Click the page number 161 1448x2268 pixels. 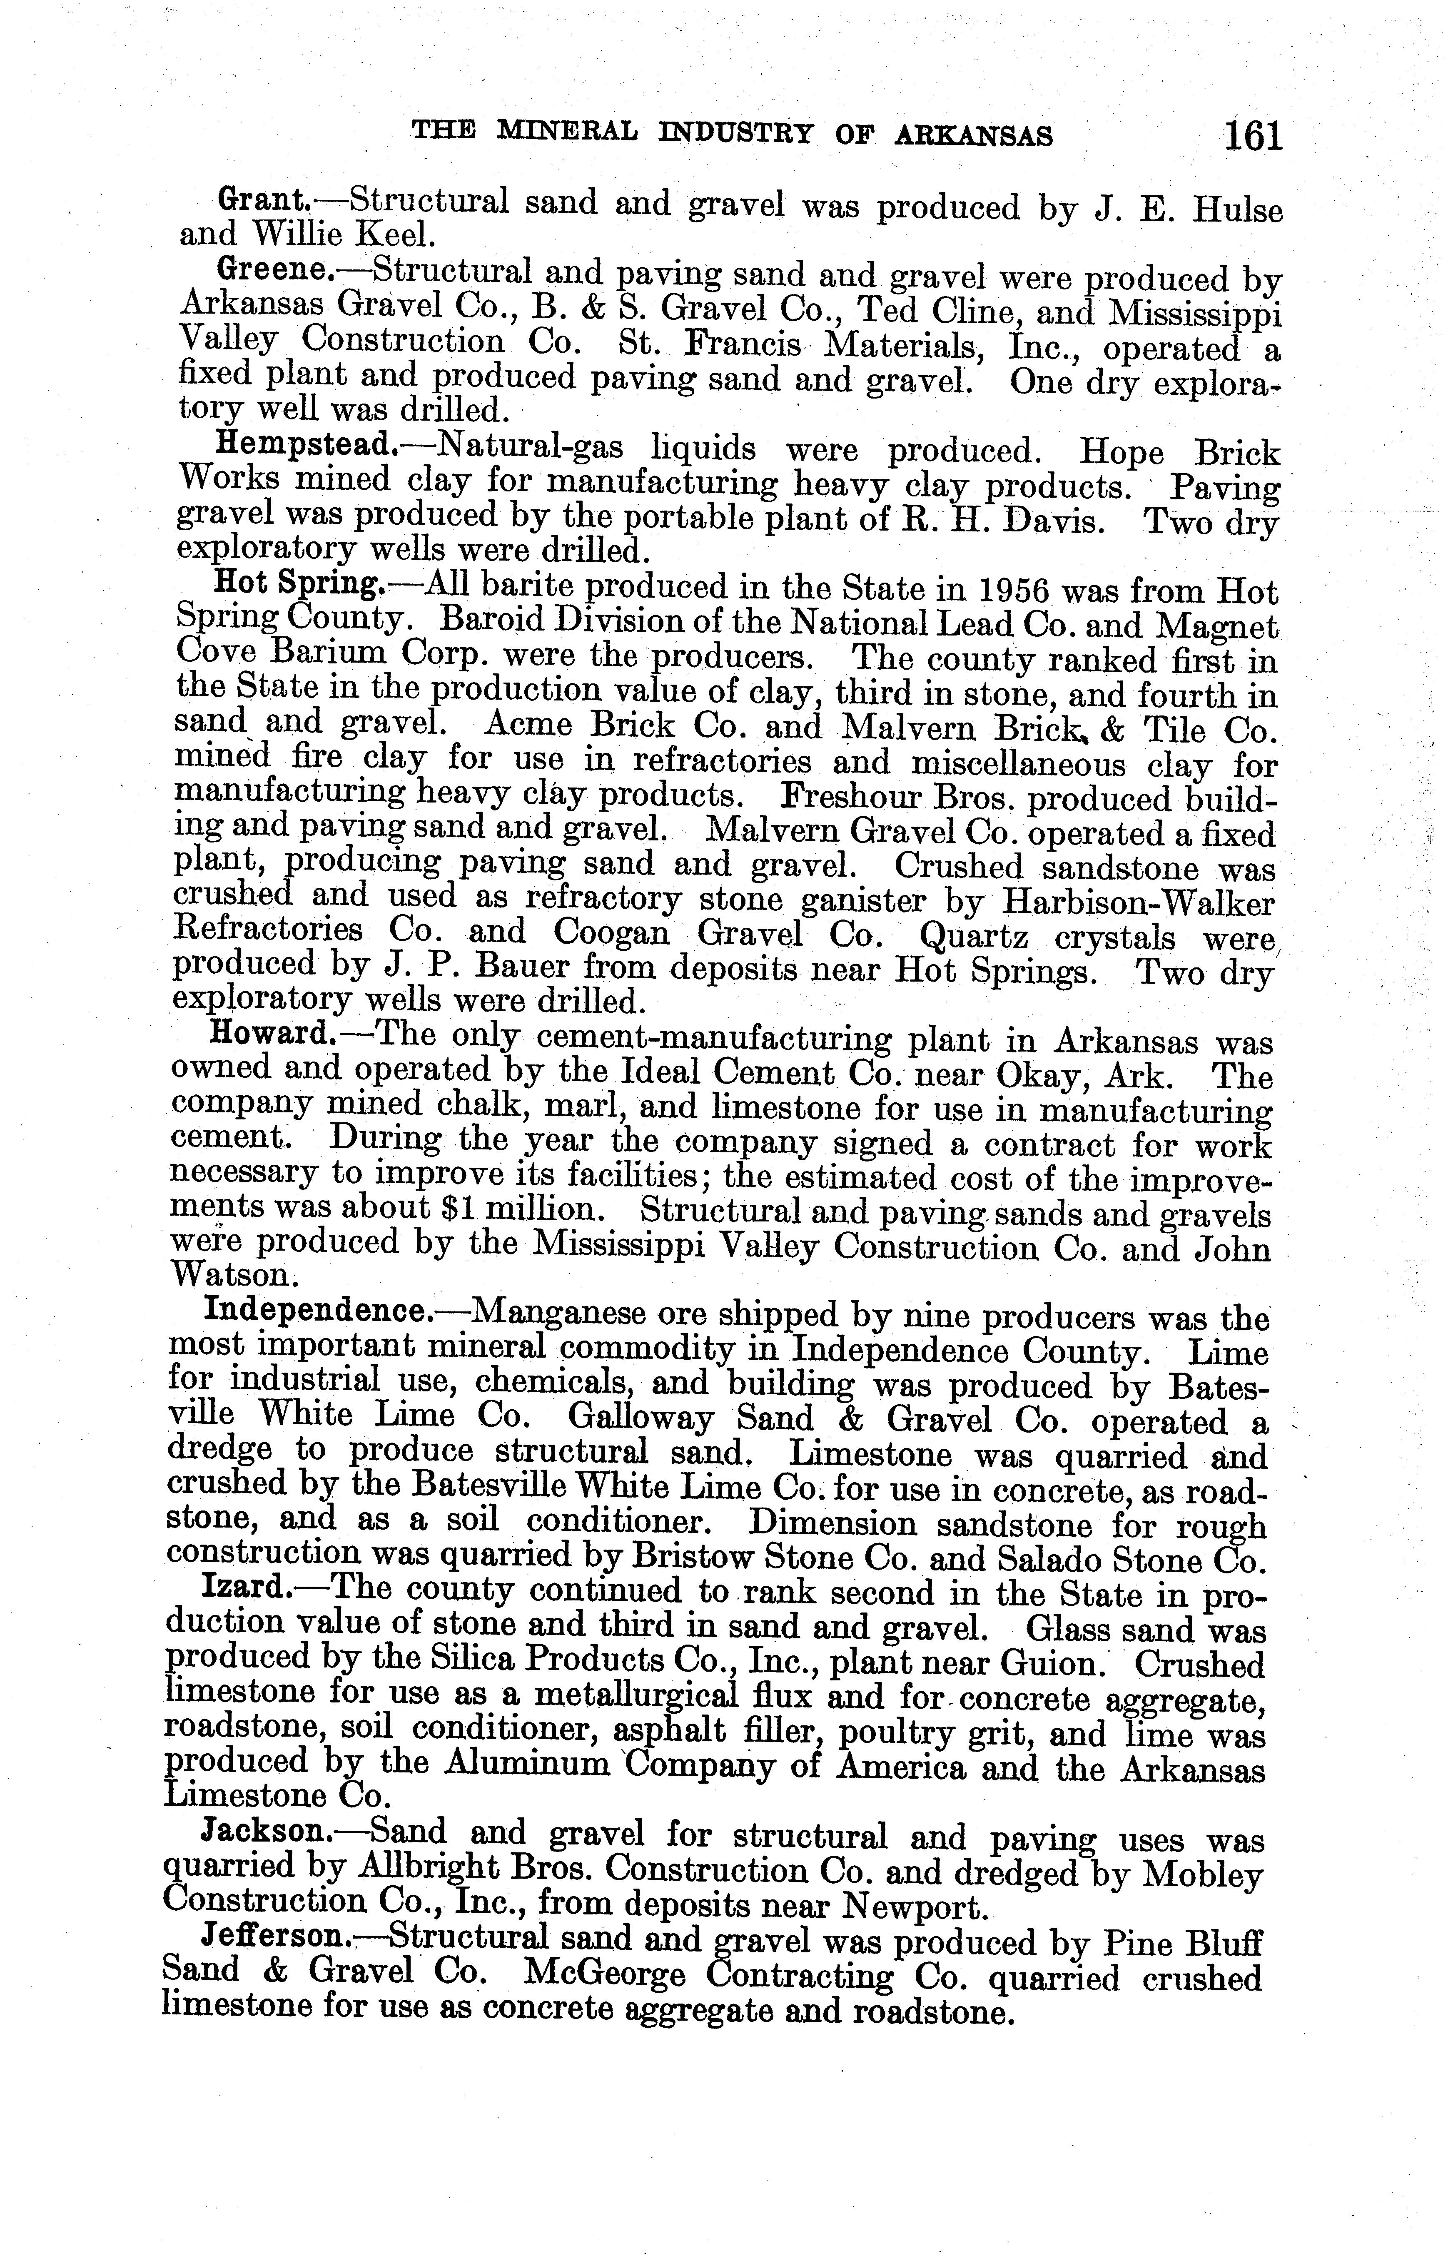click(1253, 137)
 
